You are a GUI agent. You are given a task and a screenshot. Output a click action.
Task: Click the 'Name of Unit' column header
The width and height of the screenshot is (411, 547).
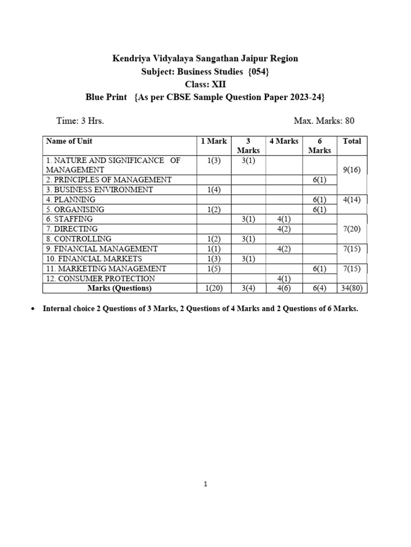point(69,141)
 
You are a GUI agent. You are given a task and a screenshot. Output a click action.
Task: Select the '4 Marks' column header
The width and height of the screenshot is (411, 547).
point(284,141)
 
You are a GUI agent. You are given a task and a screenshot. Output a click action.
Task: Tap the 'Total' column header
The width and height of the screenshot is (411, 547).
point(352,141)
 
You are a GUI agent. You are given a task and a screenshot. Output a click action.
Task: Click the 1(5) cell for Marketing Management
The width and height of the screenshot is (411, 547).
point(214,269)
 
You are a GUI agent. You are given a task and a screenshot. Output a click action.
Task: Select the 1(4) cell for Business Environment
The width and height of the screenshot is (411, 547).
point(214,190)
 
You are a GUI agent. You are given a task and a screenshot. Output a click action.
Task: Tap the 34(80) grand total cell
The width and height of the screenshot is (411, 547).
point(352,288)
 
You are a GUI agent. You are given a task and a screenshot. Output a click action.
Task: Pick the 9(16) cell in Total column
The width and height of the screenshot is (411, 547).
point(352,170)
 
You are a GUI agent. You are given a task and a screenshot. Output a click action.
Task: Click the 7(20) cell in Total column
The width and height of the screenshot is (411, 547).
point(352,229)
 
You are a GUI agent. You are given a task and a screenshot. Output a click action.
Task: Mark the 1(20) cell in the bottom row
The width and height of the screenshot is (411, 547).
point(214,288)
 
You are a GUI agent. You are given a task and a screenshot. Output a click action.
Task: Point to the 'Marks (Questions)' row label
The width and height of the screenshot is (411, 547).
point(119,288)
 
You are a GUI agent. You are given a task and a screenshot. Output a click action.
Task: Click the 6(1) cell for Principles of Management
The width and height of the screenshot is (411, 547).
point(319,180)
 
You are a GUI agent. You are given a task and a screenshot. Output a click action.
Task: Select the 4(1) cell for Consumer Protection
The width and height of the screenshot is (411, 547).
point(284,278)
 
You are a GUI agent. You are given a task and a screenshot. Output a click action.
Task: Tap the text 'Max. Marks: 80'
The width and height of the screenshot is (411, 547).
point(324,121)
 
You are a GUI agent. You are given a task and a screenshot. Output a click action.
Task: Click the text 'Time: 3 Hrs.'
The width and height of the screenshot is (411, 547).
point(80,121)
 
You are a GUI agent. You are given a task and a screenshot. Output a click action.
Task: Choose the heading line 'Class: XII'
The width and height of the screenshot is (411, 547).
point(205,84)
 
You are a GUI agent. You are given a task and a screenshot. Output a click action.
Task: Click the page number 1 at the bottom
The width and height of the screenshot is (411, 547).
point(205,485)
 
